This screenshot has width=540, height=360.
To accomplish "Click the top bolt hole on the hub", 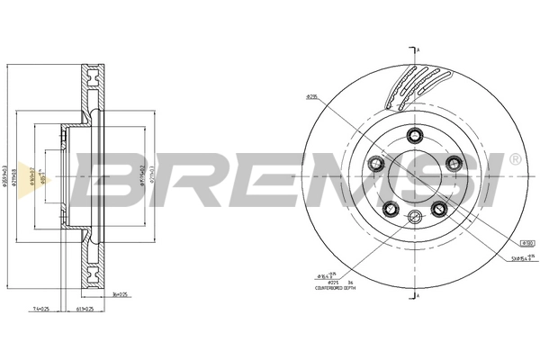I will pos(415,135).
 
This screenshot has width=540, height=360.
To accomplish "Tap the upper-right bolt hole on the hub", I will pos(454,163).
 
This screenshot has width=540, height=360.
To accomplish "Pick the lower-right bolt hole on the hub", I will pos(440,210).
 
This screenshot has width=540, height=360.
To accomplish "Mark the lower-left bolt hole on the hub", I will pos(391,210).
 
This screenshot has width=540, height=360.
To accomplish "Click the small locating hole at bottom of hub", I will pos(415,216).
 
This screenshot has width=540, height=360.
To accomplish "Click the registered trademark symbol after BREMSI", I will pos(514,159).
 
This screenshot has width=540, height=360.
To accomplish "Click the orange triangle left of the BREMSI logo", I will pos(48,180).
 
